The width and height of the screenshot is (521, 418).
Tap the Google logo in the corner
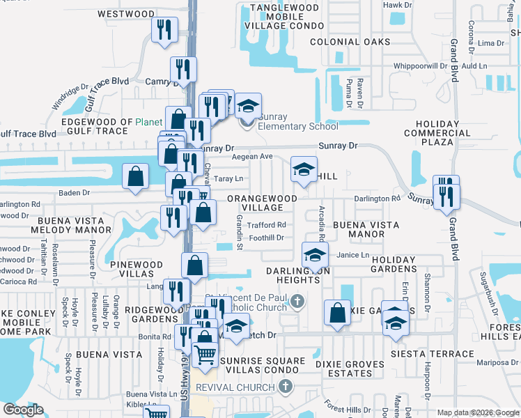click(23, 410)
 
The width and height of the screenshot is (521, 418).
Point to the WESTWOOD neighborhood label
click(126, 14)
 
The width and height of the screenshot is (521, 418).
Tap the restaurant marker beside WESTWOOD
click(165, 30)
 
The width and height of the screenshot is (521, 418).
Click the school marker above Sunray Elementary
click(247, 106)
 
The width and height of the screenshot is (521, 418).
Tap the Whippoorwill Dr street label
click(419, 65)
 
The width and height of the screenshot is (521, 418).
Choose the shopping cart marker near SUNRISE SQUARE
click(205, 355)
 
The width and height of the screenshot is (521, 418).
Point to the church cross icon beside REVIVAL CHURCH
click(283, 386)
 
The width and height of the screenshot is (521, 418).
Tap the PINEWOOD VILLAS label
click(136, 270)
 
